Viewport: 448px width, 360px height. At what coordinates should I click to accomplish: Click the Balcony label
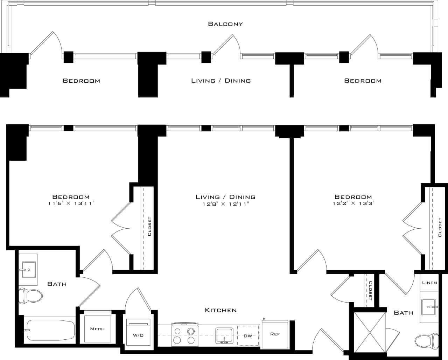(225, 24)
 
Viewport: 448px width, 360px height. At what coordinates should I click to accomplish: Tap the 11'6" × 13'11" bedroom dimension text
(71, 203)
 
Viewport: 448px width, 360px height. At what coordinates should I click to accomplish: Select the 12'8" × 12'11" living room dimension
(225, 203)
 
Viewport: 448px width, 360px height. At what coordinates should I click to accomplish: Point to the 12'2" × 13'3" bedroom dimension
(353, 203)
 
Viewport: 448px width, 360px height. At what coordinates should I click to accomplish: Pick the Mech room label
(97, 329)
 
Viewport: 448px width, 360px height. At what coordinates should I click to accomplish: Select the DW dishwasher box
(248, 336)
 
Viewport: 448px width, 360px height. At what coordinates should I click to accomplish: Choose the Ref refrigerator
(275, 334)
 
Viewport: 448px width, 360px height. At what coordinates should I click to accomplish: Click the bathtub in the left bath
(49, 330)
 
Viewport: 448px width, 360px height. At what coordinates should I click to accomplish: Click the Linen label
(429, 283)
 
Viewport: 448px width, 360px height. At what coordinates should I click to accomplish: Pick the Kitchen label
(220, 310)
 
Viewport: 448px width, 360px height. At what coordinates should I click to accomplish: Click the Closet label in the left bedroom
(149, 227)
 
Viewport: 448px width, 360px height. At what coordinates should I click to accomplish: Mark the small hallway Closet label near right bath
(370, 291)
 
